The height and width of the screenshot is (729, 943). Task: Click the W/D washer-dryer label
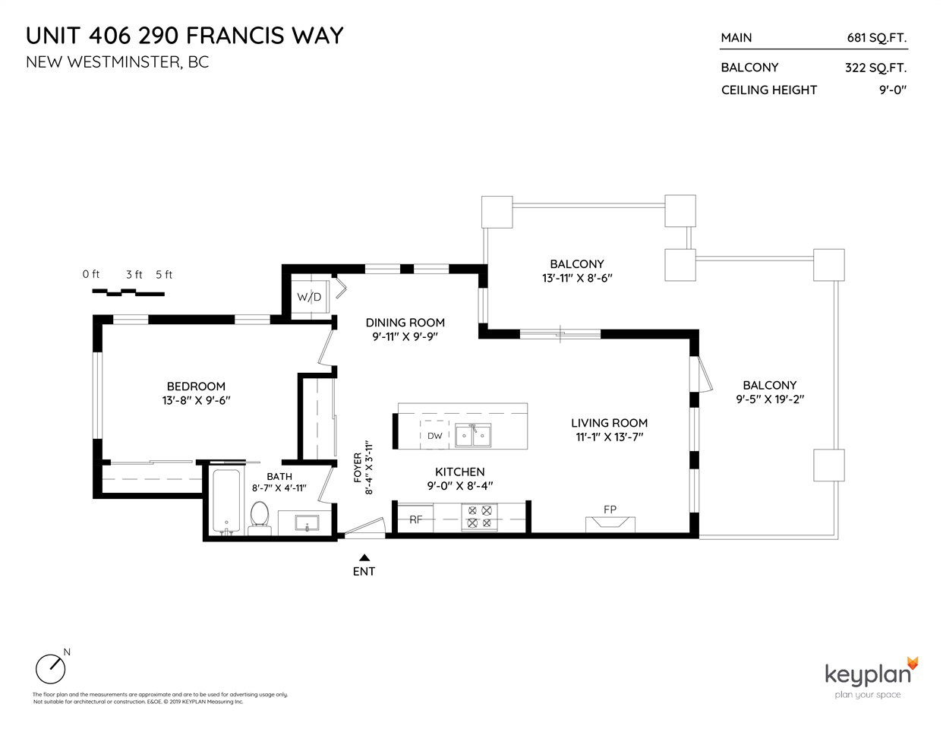point(309,297)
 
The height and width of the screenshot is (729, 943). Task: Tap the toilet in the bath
point(260,519)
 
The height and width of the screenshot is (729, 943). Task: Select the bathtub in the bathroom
point(226,502)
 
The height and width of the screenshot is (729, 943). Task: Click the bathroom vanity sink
point(307,523)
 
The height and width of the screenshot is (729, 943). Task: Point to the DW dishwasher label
point(434,436)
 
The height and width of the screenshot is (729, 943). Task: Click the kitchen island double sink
point(473,435)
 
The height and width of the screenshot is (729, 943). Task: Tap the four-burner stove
point(479,517)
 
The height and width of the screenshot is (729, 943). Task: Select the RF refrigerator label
point(415,519)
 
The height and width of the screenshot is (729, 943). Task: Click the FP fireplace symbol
point(610,524)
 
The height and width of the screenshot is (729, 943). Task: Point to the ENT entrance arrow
point(364,557)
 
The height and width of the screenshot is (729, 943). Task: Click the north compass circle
point(50,670)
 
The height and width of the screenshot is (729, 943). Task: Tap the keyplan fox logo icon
point(913,664)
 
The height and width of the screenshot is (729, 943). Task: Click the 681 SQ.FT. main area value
point(877,38)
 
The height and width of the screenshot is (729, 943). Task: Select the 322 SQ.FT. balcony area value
point(875,68)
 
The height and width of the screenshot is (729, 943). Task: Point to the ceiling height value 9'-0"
point(893,90)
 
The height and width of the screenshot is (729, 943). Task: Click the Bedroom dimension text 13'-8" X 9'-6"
point(196,400)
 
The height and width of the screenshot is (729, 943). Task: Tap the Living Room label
point(609,423)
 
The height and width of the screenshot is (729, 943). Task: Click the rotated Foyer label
point(358,468)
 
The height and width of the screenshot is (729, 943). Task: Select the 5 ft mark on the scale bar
point(164,275)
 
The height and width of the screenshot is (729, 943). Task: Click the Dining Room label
point(405,323)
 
